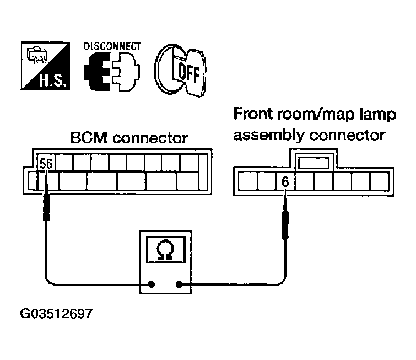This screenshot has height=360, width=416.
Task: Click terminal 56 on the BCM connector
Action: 47,163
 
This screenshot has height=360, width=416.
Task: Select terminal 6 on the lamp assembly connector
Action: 285,181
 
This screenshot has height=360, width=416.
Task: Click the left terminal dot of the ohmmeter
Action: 150,284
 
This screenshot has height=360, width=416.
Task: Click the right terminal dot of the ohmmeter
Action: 179,284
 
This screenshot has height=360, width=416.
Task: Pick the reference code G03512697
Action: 56,315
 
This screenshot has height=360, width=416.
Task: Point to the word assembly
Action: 262,135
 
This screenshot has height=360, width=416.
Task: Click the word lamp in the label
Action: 375,116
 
